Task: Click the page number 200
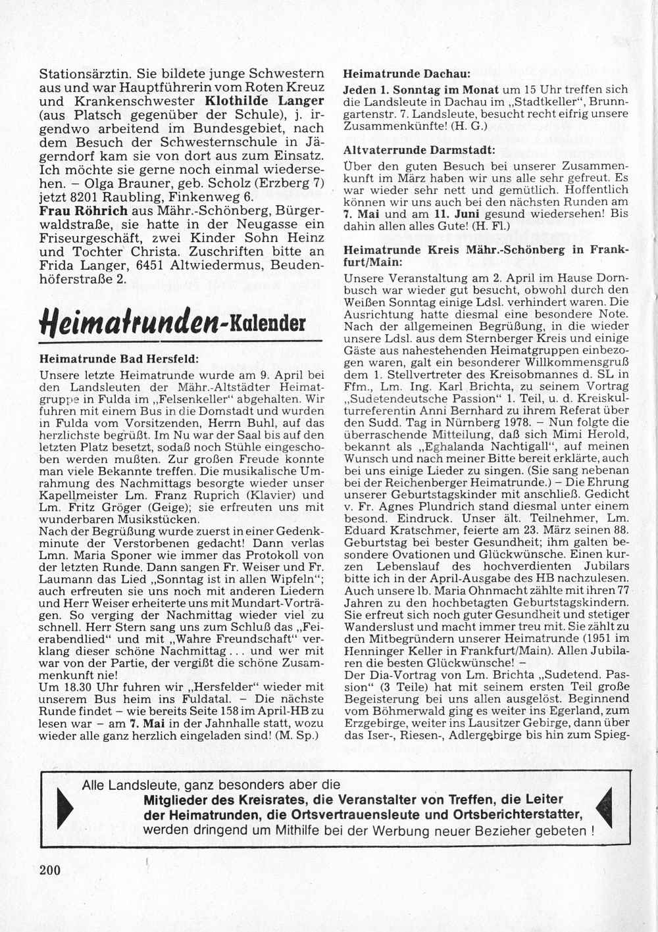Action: coord(50,870)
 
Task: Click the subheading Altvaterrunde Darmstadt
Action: coord(418,149)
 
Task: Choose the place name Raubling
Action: coord(118,196)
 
